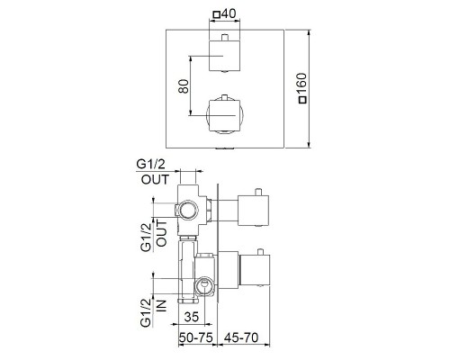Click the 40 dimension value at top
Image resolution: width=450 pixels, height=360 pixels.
pos(229,13)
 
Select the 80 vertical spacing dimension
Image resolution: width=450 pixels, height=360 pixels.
pos(184,86)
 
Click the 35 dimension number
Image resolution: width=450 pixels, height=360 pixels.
pos(192,317)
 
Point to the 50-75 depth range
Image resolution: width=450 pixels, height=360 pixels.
pos(196,337)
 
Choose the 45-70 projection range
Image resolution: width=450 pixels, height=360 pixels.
pos(241,337)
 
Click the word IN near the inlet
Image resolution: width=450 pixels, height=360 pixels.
pos(161,305)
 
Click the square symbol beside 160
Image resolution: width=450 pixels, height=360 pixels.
pos(303,100)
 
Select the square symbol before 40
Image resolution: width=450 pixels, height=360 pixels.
pos(216,14)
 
